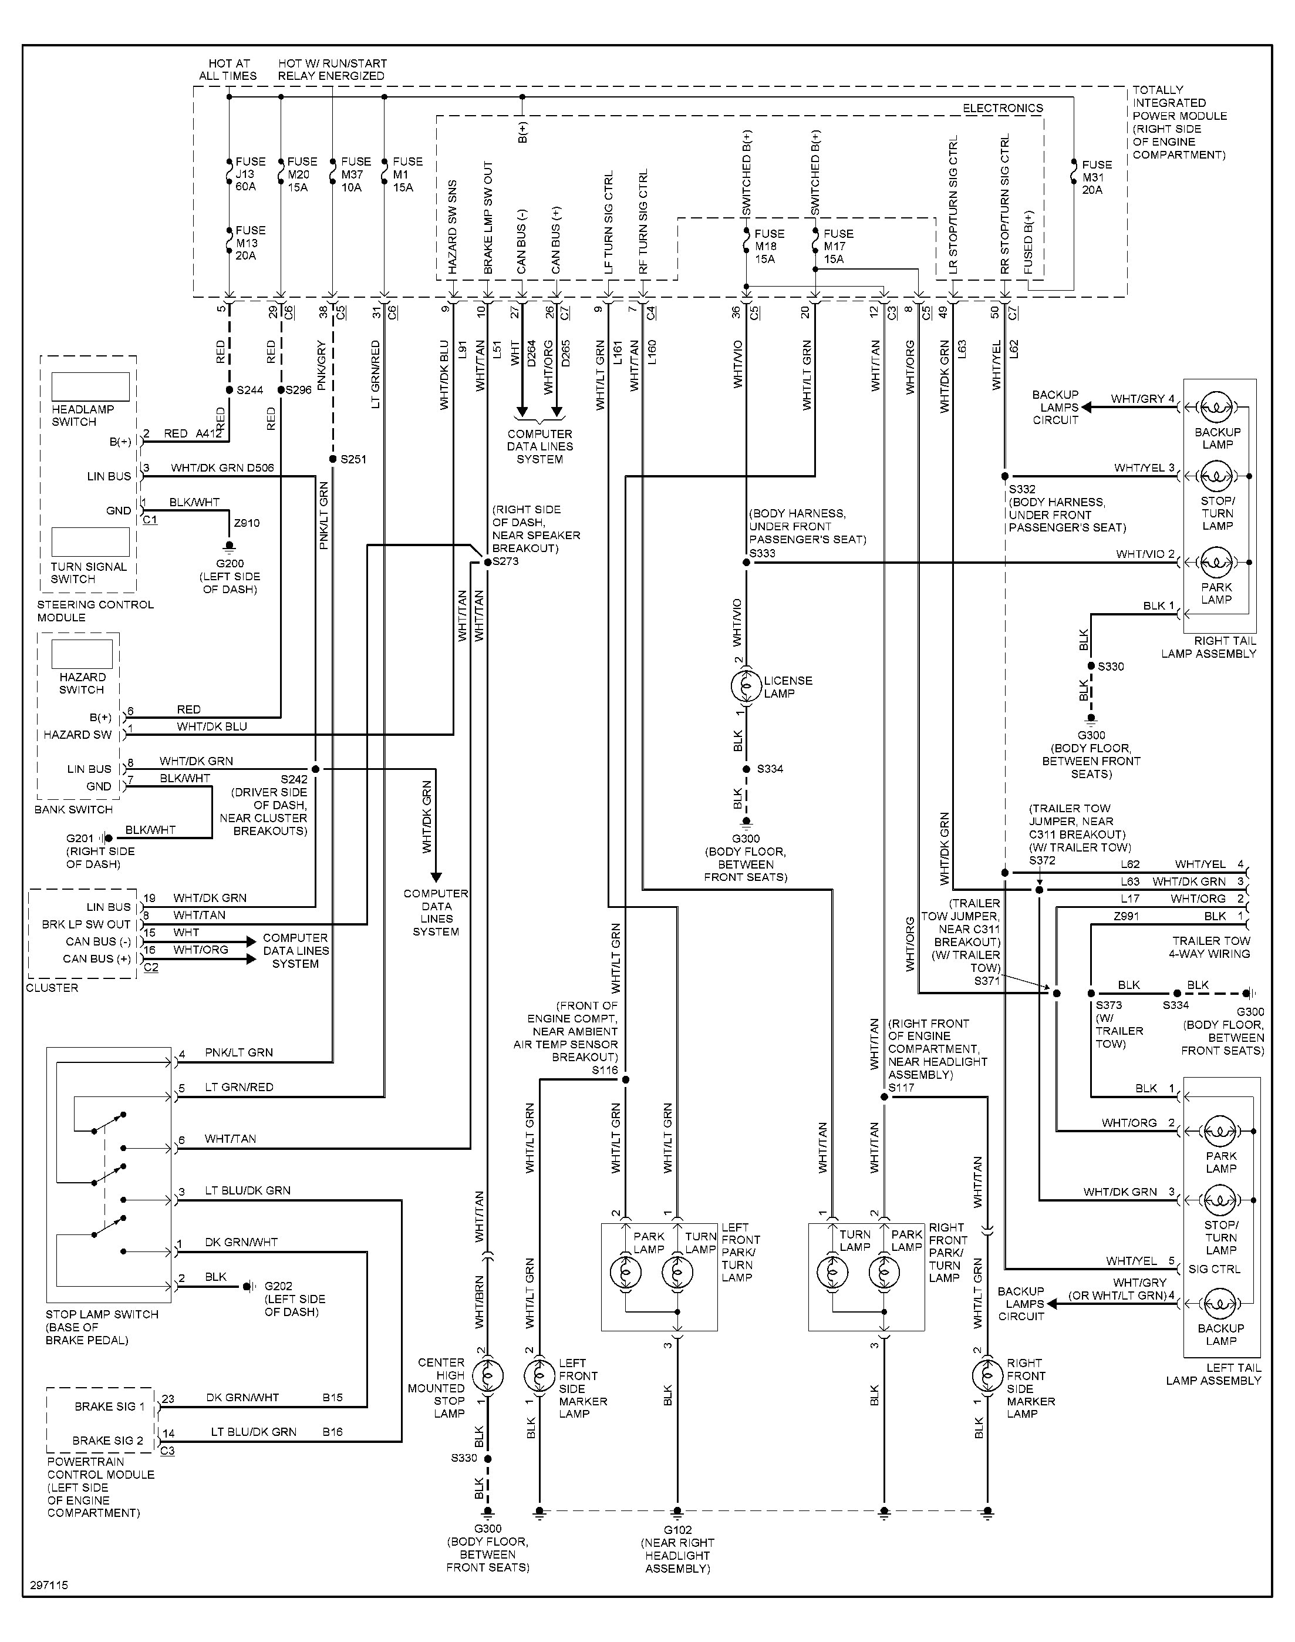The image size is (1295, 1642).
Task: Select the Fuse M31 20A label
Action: (1095, 177)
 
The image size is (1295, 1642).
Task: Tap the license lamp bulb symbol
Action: (746, 687)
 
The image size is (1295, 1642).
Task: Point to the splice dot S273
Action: (487, 562)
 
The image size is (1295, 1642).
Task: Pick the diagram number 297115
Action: (49, 1585)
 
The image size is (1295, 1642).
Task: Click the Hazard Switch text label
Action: (81, 682)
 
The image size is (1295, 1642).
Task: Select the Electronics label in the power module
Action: (1002, 109)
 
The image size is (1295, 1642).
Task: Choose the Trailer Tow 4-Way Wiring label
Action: (1210, 947)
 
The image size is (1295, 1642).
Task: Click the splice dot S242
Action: (315, 769)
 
